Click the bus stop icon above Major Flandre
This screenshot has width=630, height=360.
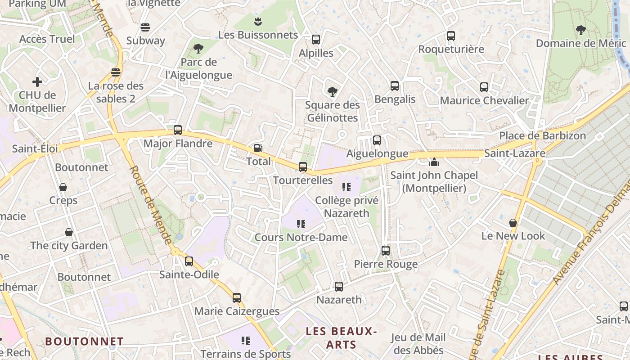tap(178, 130)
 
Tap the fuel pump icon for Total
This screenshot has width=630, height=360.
tap(258, 148)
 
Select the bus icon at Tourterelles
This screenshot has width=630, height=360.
tap(303, 167)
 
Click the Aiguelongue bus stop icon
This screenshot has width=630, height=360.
tap(377, 140)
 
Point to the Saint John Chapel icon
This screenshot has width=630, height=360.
tap(434, 162)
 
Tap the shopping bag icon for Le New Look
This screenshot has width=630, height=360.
tap(513, 222)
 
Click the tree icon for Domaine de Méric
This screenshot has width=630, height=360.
tap(581, 30)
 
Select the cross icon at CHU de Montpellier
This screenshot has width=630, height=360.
tap(37, 82)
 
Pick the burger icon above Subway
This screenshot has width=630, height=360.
tap(145, 27)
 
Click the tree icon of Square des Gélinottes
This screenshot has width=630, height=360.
tap(333, 92)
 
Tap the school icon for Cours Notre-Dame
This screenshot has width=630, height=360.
tap(301, 224)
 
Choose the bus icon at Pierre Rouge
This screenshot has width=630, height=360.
tap(386, 251)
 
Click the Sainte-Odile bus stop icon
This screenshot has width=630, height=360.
tap(189, 261)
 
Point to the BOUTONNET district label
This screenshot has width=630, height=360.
tap(84, 342)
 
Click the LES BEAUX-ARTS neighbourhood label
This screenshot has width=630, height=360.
tap(341, 338)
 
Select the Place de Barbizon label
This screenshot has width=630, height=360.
tap(543, 135)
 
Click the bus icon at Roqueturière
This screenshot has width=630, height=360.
tap(451, 36)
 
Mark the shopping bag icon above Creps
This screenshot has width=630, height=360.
tap(63, 187)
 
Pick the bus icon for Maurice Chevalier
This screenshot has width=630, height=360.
tap(484, 87)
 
